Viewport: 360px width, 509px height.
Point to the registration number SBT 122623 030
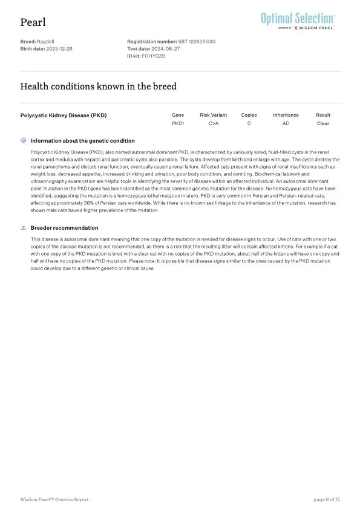coord(197,42)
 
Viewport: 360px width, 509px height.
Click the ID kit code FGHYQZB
coord(154,56)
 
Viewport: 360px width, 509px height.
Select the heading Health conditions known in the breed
coord(99,86)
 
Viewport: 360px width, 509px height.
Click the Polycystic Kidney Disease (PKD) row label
coord(64,115)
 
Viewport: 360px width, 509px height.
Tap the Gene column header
coord(178,115)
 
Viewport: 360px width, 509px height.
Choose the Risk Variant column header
coord(214,115)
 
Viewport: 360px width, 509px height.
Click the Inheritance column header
coord(286,115)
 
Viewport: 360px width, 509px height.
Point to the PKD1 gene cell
coord(178,123)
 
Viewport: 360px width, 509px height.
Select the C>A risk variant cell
coord(214,123)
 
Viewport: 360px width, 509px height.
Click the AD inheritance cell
coord(286,123)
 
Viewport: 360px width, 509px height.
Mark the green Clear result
coord(323,123)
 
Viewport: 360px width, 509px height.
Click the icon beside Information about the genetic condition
coord(23,141)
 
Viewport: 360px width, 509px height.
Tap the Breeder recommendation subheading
coord(64,228)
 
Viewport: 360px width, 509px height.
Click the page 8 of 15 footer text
coord(327,499)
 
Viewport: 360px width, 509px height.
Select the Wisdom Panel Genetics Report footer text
coord(54,499)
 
